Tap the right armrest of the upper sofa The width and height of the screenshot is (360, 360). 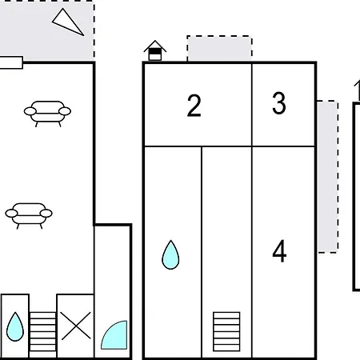point(65,111)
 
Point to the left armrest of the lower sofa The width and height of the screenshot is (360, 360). point(11,214)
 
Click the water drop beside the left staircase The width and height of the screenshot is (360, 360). point(15,327)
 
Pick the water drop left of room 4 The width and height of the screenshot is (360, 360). point(170,255)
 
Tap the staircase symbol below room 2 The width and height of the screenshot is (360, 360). point(226,331)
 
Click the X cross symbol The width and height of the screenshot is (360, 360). point(76,326)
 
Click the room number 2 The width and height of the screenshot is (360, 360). point(194,106)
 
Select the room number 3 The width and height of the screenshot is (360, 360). point(279,103)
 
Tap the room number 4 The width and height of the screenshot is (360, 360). point(279,251)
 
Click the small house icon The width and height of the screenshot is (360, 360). point(155,50)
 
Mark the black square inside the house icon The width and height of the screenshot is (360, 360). point(155,51)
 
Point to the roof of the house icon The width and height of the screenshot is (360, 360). point(155,44)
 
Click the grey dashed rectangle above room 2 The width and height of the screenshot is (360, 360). point(219,48)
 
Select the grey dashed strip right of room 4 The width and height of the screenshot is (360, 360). point(328,177)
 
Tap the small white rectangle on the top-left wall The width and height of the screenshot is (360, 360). point(11,62)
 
